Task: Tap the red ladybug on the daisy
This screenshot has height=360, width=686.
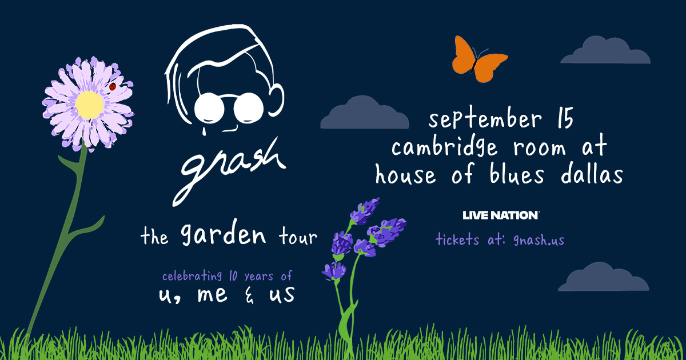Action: point(113,87)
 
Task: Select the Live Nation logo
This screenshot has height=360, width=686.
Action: point(501,215)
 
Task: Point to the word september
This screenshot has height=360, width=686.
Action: point(484,120)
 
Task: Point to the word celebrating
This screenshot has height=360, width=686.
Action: point(192,277)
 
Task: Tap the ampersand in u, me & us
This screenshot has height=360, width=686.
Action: point(250,295)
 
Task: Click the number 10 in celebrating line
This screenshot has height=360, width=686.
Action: point(232,276)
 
